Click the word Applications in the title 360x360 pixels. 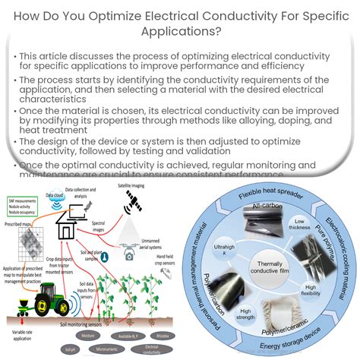(x=179, y=33)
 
